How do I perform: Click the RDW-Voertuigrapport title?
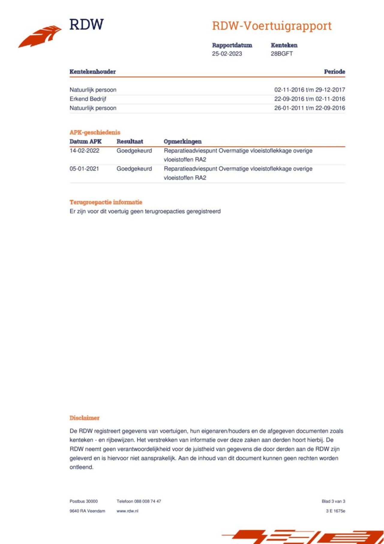click(x=272, y=26)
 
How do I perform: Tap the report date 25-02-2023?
click(x=227, y=54)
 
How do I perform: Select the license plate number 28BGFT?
click(x=282, y=54)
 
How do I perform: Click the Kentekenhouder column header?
click(x=93, y=72)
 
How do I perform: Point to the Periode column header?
click(x=334, y=72)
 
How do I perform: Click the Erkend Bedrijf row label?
click(x=88, y=99)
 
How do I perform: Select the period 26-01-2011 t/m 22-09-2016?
click(x=310, y=108)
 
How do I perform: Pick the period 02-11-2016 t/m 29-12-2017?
click(x=310, y=90)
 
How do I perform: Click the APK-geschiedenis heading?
click(x=95, y=132)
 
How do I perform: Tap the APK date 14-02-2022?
click(x=84, y=151)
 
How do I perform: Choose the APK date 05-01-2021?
click(x=84, y=169)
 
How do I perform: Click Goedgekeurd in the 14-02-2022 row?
click(x=134, y=151)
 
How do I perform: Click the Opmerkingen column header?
click(x=182, y=141)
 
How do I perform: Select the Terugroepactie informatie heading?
click(x=106, y=202)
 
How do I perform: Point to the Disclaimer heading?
click(x=84, y=418)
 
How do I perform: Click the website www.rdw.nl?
click(x=127, y=511)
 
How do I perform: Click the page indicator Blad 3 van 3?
click(x=333, y=501)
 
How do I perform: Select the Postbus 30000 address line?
click(x=84, y=501)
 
